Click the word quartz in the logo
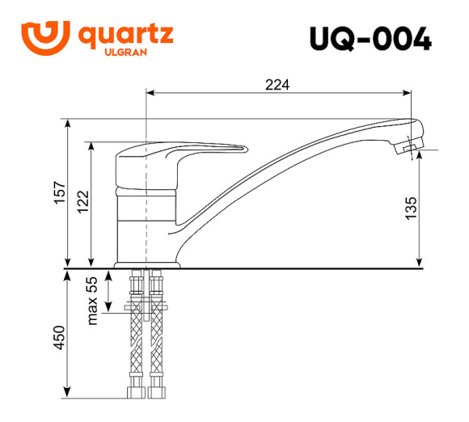click(125, 36)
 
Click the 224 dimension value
click(277, 83)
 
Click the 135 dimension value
click(410, 209)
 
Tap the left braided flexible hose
click(136, 348)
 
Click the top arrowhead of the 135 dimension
click(420, 157)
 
